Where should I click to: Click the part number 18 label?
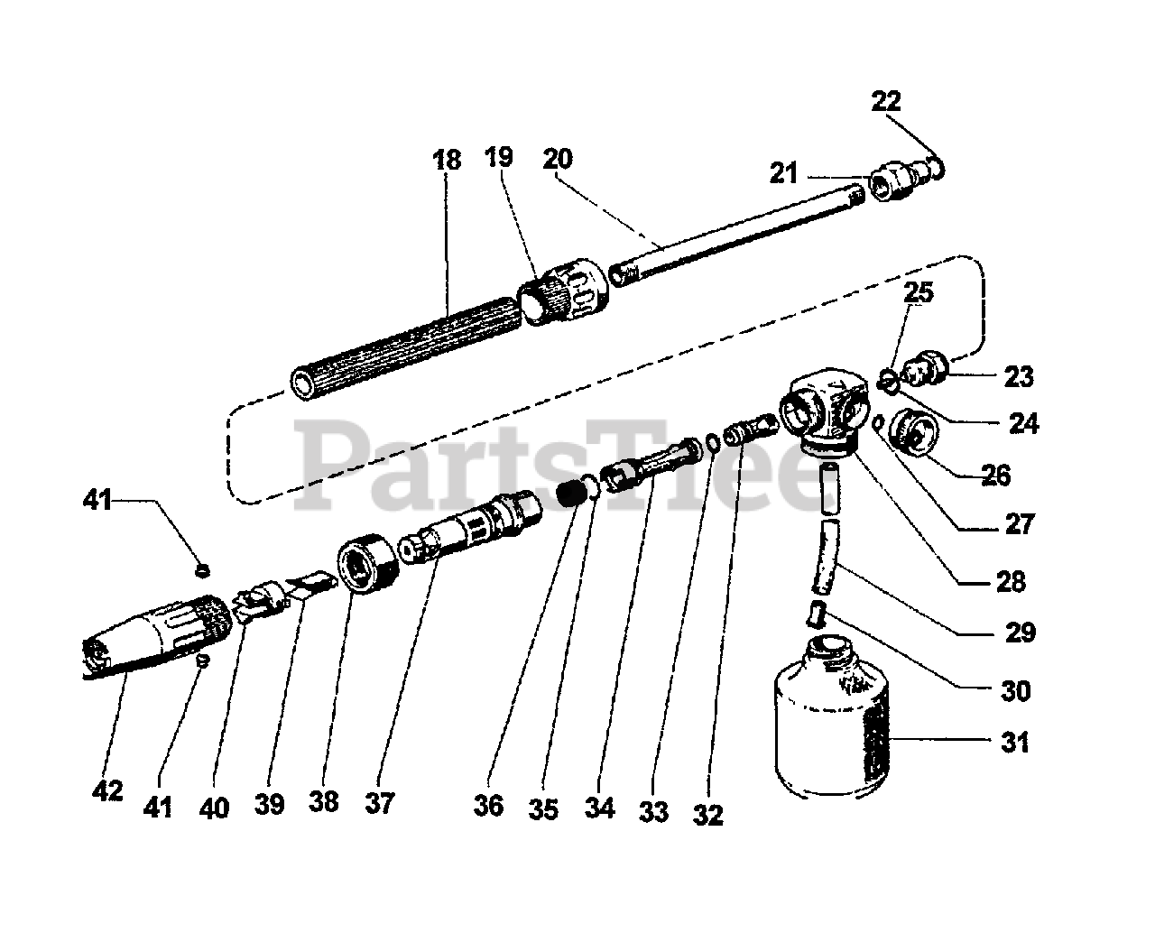(x=447, y=161)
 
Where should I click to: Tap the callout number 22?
(x=886, y=101)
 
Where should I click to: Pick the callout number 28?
(x=1011, y=582)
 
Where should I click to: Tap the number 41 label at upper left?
(x=97, y=499)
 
